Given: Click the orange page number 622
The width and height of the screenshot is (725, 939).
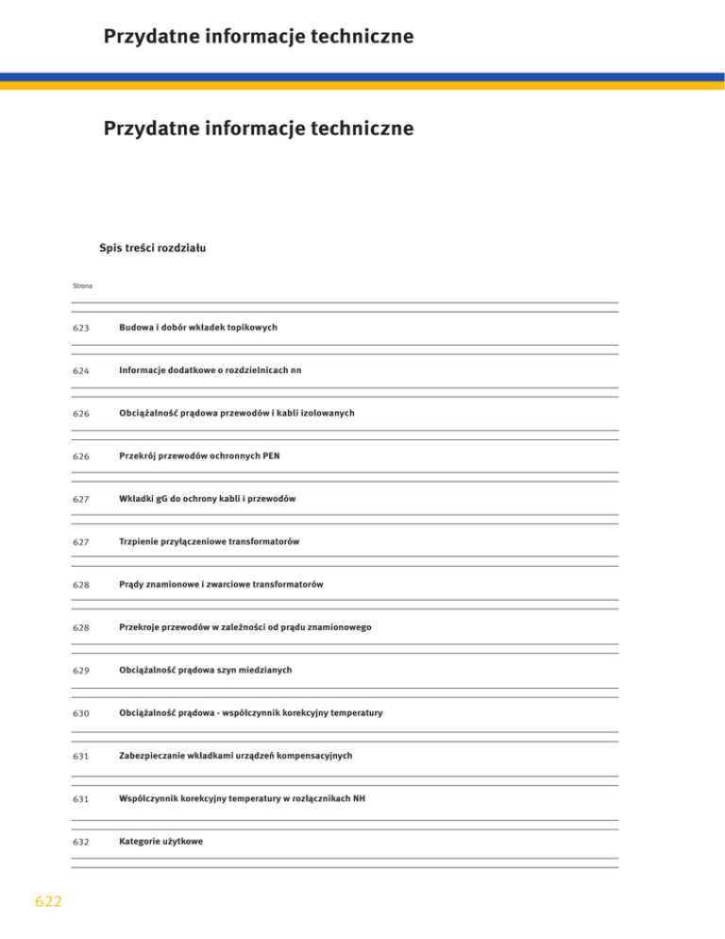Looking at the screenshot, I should click(x=45, y=902).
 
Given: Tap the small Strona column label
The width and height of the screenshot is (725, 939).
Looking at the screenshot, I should click(x=82, y=286).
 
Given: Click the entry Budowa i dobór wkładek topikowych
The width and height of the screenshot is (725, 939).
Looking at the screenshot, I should click(x=197, y=327).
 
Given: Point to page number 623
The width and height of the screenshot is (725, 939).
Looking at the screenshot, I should click(x=80, y=328).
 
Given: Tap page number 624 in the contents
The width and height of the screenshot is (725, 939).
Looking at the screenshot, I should click(x=80, y=371).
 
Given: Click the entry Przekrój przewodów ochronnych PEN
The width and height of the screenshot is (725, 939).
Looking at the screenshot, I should click(x=199, y=456).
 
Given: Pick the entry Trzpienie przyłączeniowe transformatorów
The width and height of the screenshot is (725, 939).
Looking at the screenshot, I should click(x=210, y=541).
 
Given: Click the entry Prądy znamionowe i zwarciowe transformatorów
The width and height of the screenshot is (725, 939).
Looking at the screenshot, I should click(x=221, y=585).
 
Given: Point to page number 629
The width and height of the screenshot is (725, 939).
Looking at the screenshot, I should click(x=80, y=671).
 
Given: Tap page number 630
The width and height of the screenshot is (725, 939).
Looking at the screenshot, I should click(x=80, y=713).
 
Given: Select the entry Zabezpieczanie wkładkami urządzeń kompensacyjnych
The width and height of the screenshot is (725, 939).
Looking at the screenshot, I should click(x=236, y=756).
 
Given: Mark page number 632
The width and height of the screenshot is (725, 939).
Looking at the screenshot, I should click(x=80, y=842).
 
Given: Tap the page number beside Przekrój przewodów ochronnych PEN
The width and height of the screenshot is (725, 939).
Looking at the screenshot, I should click(x=80, y=457).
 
